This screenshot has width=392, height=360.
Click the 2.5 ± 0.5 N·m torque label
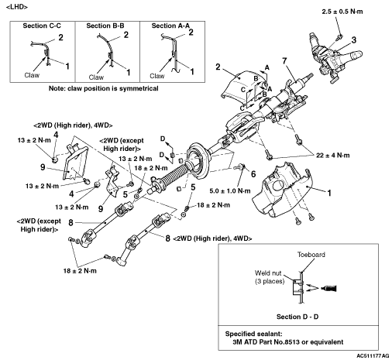[342, 12]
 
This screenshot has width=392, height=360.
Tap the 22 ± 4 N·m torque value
[333, 156]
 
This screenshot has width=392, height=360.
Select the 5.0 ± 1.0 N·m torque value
[230, 191]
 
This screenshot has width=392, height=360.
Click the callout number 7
[284, 61]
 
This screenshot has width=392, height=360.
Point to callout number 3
[353, 40]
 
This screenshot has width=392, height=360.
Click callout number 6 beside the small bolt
[253, 174]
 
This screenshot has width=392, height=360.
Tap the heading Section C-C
[42, 26]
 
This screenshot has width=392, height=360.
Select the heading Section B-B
[105, 26]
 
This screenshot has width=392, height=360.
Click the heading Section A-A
[170, 26]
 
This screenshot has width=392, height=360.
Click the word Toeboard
[311, 255]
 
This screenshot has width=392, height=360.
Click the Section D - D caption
[297, 317]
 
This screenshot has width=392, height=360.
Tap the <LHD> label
[16, 7]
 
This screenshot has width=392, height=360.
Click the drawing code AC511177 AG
[373, 356]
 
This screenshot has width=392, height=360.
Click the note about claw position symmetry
[104, 88]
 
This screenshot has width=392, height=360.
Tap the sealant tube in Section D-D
[328, 288]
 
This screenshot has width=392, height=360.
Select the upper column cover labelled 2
[242, 87]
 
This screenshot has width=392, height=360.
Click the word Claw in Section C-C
[32, 75]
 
